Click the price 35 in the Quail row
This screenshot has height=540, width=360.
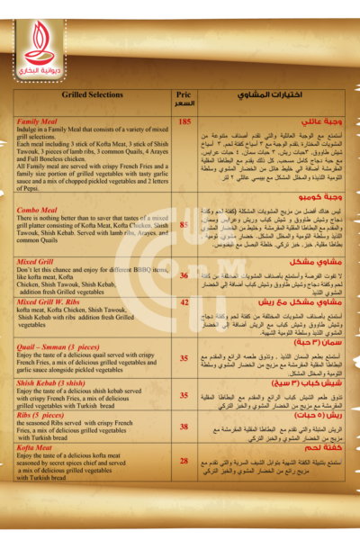(184, 357)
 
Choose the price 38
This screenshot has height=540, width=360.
(184, 426)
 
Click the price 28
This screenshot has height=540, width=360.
(184, 461)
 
